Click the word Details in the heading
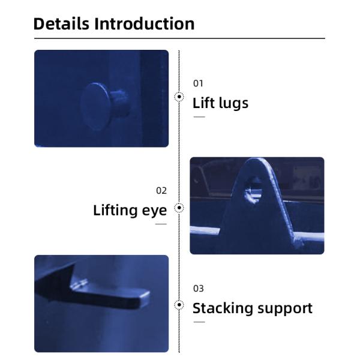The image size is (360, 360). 61,23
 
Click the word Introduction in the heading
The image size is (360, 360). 145,23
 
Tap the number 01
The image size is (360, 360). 198,83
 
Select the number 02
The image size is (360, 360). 161,191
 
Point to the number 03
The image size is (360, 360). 199,289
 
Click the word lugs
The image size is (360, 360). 234,104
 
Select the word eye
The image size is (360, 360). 154,211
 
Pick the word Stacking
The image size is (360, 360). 223,308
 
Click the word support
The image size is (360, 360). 285,309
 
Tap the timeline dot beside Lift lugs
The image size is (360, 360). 179,97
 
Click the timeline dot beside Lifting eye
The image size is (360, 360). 179,208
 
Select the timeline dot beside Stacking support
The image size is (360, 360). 179,305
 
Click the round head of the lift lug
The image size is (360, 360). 95,106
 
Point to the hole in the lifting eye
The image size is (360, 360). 253,190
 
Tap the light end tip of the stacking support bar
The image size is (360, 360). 145,299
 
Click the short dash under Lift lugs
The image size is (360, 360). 199,117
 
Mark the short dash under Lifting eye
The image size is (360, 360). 161,224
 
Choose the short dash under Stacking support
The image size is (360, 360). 199,322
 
